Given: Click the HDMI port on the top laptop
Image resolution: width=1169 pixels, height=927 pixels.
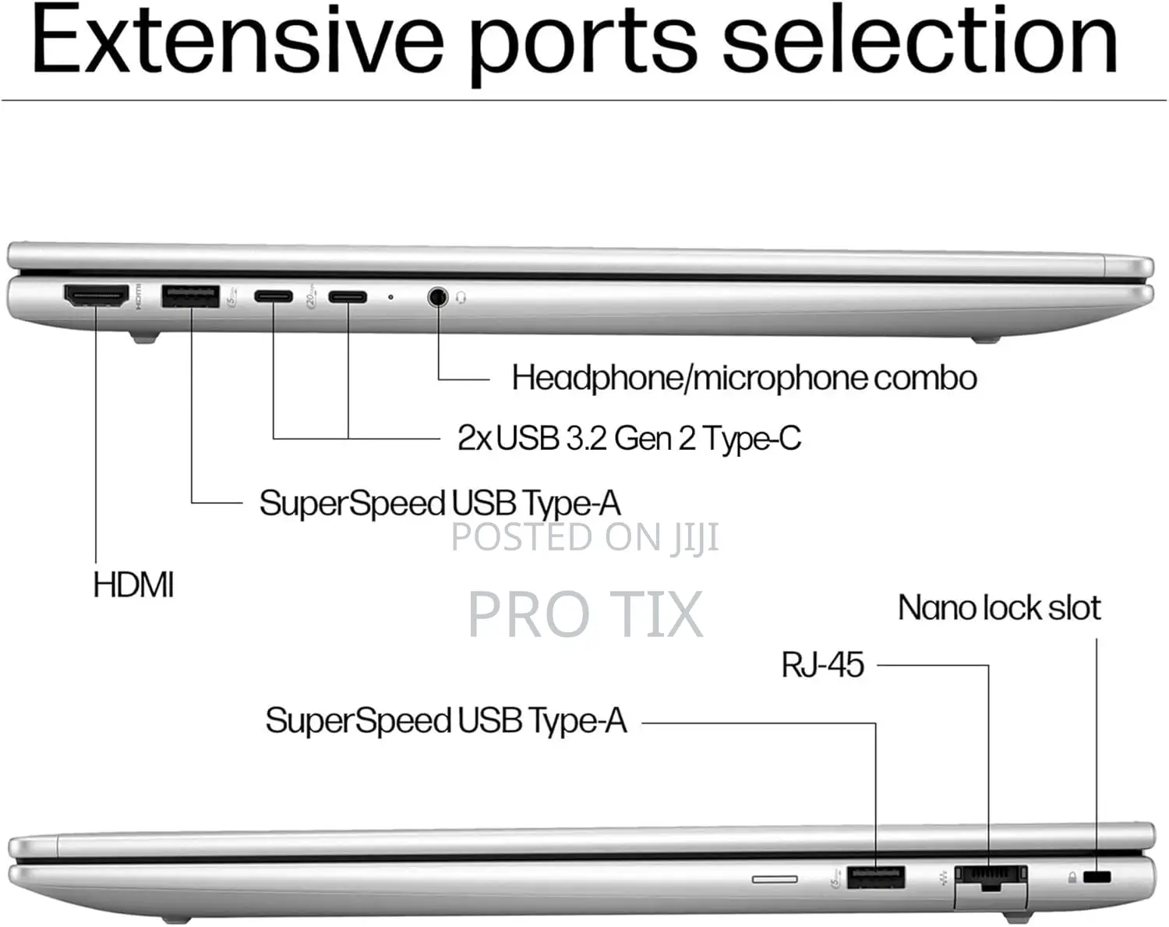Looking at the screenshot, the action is click(97, 295).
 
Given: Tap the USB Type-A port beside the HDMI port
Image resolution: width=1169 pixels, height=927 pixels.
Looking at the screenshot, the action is click(191, 296).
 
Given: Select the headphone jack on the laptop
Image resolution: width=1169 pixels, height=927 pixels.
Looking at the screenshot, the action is click(437, 297).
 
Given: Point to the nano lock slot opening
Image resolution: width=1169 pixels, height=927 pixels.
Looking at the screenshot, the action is click(1097, 877).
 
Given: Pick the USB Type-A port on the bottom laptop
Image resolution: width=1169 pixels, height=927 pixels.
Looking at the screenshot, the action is click(876, 878).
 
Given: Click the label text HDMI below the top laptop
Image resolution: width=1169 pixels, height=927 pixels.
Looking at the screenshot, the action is click(133, 586).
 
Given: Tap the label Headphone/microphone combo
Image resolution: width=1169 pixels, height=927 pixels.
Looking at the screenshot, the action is click(744, 378).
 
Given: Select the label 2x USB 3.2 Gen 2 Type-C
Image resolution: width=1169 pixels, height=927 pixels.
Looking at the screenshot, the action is click(629, 438).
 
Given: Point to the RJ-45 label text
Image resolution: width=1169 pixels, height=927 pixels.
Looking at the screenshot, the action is click(822, 664).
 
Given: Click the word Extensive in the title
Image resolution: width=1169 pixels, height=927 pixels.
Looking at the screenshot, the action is click(238, 41).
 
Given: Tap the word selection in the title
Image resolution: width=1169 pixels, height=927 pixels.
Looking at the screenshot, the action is click(919, 41).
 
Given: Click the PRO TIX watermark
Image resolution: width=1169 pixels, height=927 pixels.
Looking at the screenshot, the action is click(585, 614).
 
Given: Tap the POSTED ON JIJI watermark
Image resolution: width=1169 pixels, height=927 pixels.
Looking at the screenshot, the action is click(585, 537).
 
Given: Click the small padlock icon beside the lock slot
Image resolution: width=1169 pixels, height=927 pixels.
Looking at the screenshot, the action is click(1072, 878).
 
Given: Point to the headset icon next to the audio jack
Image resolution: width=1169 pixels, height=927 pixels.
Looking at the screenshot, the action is click(461, 298).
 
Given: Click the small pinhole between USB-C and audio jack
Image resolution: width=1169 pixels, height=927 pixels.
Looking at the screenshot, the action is click(390, 297).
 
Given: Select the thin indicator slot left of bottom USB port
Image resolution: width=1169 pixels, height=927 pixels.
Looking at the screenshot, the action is click(775, 879).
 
